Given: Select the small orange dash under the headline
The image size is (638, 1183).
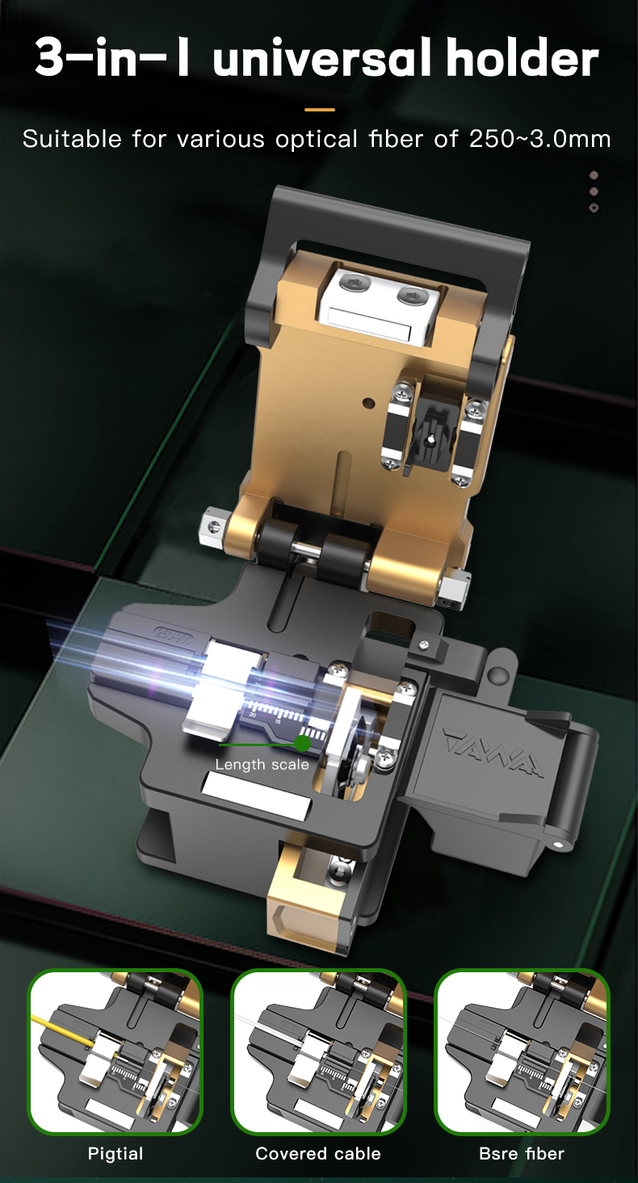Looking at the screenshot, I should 319,109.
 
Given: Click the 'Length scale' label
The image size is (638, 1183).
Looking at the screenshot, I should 262,764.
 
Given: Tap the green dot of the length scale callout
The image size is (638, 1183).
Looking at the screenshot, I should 302,743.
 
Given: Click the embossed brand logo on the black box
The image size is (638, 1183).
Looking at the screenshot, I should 492,750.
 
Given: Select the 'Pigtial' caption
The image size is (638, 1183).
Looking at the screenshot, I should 115,1153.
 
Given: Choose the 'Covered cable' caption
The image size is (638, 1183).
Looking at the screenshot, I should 318,1153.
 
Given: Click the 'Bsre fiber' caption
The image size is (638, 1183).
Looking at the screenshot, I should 521,1153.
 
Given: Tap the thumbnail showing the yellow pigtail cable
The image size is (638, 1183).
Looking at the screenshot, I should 115,1052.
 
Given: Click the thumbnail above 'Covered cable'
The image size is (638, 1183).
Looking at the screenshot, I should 318,1052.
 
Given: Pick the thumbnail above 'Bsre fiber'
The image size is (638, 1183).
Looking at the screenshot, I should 522,1052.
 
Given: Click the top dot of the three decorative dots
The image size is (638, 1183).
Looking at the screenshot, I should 594,174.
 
